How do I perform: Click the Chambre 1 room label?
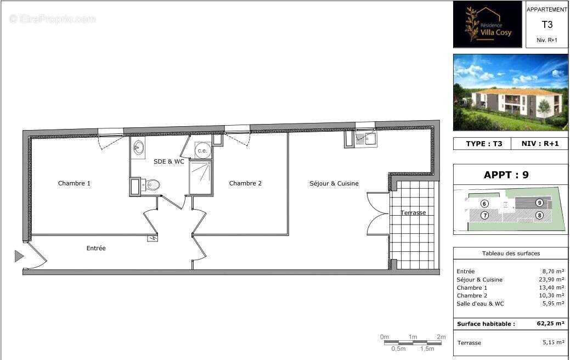[74, 183]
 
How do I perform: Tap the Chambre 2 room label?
[245, 183]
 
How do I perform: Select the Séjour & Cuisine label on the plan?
[334, 183]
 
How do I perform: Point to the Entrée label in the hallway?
[96, 248]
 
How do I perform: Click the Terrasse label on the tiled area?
[413, 212]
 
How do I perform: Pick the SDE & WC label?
[169, 161]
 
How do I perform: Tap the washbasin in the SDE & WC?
[138, 147]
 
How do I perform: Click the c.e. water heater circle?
[202, 150]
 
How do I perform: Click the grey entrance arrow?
[19, 256]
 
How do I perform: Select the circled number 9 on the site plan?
[540, 203]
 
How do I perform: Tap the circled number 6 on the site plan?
[484, 203]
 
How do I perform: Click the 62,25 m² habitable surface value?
[550, 324]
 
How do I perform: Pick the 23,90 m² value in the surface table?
[551, 279]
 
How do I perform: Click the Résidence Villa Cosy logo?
[488, 25]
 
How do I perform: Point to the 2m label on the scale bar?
[441, 336]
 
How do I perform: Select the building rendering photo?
[511, 92]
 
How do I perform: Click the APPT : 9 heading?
[506, 175]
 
